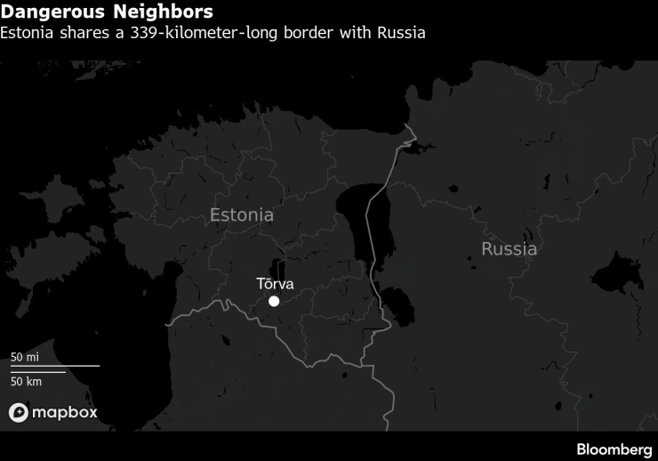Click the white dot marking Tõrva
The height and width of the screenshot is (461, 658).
[x=274, y=302]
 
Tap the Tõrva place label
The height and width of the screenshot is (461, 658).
[x=274, y=285]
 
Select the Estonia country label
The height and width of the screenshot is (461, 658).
[x=242, y=215]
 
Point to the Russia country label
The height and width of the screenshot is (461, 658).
[x=509, y=249]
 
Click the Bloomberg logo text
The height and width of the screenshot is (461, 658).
[x=614, y=449]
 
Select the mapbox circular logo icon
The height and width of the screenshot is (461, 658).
[x=19, y=413]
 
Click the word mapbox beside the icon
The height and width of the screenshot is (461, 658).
[x=64, y=413]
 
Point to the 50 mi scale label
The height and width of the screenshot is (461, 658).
[x=25, y=357]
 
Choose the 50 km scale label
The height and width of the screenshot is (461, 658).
[x=27, y=382]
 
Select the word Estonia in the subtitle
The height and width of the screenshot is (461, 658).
[x=29, y=34]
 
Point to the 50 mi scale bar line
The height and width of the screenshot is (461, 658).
[x=54, y=366]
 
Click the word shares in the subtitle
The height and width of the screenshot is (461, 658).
[x=91, y=34]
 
